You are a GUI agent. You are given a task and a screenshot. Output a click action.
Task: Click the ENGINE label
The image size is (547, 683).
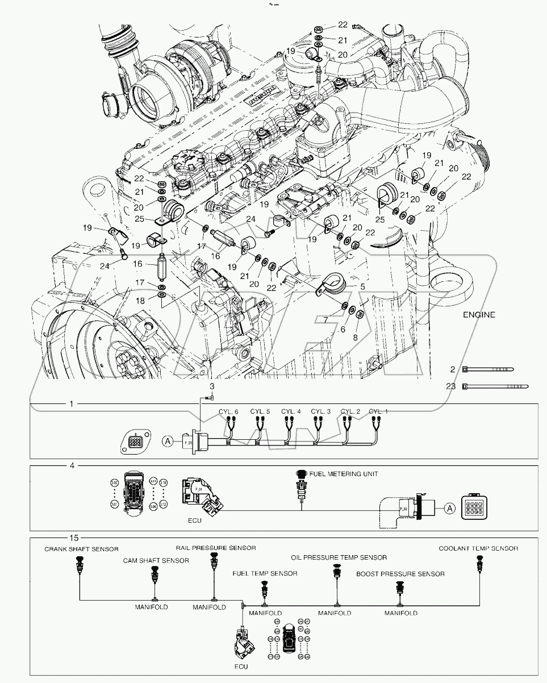click(479, 314)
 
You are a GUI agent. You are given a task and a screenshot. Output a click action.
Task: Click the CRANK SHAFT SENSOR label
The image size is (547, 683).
click(82, 549)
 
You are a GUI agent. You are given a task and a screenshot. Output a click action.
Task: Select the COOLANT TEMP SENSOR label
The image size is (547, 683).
click(478, 548)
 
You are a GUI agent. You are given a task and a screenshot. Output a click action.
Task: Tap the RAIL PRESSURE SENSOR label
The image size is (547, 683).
click(215, 548)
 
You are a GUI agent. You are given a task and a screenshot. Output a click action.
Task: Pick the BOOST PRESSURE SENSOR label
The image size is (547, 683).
click(400, 574)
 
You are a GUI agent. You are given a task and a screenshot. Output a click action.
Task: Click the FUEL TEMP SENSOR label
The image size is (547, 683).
click(265, 573)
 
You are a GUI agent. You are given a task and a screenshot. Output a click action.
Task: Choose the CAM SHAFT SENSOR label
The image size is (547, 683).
click(156, 560)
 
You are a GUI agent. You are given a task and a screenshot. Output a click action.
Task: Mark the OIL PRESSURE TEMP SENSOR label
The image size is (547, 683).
click(339, 557)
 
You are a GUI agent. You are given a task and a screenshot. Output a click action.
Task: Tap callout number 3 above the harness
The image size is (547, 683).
click(212, 386)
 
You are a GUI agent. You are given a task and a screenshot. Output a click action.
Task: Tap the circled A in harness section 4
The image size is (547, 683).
click(449, 509)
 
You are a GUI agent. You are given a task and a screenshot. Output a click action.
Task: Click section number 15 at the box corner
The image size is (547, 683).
click(73, 536)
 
